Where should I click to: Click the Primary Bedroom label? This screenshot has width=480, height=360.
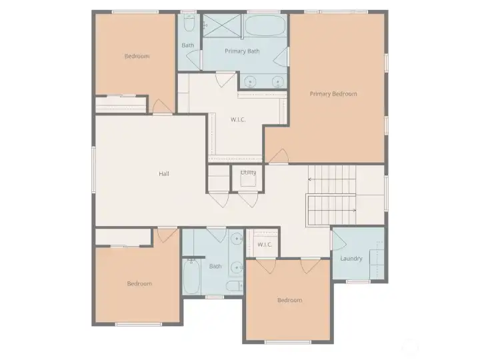tap(333, 94)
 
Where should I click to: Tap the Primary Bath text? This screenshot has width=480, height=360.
tap(242, 51)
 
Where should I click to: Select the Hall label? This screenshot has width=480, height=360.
tap(164, 174)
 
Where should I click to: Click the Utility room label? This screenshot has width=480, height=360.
tap(248, 173)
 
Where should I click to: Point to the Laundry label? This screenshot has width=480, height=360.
tap(351, 259)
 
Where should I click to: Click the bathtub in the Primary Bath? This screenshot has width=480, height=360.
tap(265, 27)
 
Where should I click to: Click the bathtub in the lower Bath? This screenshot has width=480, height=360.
tap(191, 276)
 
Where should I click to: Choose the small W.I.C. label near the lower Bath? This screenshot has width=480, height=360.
tap(265, 245)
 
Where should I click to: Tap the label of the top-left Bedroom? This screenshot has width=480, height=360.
tap(137, 56)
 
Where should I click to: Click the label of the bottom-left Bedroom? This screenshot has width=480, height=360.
tap(139, 284)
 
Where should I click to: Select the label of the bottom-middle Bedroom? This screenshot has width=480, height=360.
tap(289, 300)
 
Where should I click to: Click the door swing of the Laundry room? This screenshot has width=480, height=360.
tap(339, 239)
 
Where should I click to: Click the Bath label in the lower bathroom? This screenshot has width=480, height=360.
tap(215, 267)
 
